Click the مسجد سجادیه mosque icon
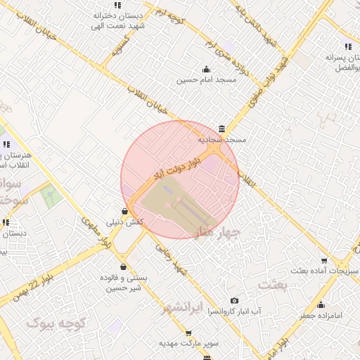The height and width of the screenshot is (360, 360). pyautogui.click(x=222, y=129)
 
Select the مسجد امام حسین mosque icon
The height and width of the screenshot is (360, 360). pyautogui.click(x=205, y=69)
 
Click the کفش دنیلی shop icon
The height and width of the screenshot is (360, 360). pyautogui.click(x=124, y=210)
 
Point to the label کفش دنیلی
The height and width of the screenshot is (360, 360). pyautogui.click(x=124, y=222)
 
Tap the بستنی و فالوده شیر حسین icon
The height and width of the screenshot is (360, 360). pyautogui.click(x=124, y=266)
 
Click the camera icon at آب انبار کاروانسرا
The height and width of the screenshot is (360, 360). pyautogui.click(x=234, y=300)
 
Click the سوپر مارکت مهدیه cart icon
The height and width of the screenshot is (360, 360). pyautogui.click(x=188, y=333)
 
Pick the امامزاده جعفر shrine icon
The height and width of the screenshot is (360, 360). pyautogui.click(x=321, y=304)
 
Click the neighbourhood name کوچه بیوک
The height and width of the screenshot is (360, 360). pyautogui.click(x=56, y=323)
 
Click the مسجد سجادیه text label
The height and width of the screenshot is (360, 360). pyautogui.click(x=222, y=140)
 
